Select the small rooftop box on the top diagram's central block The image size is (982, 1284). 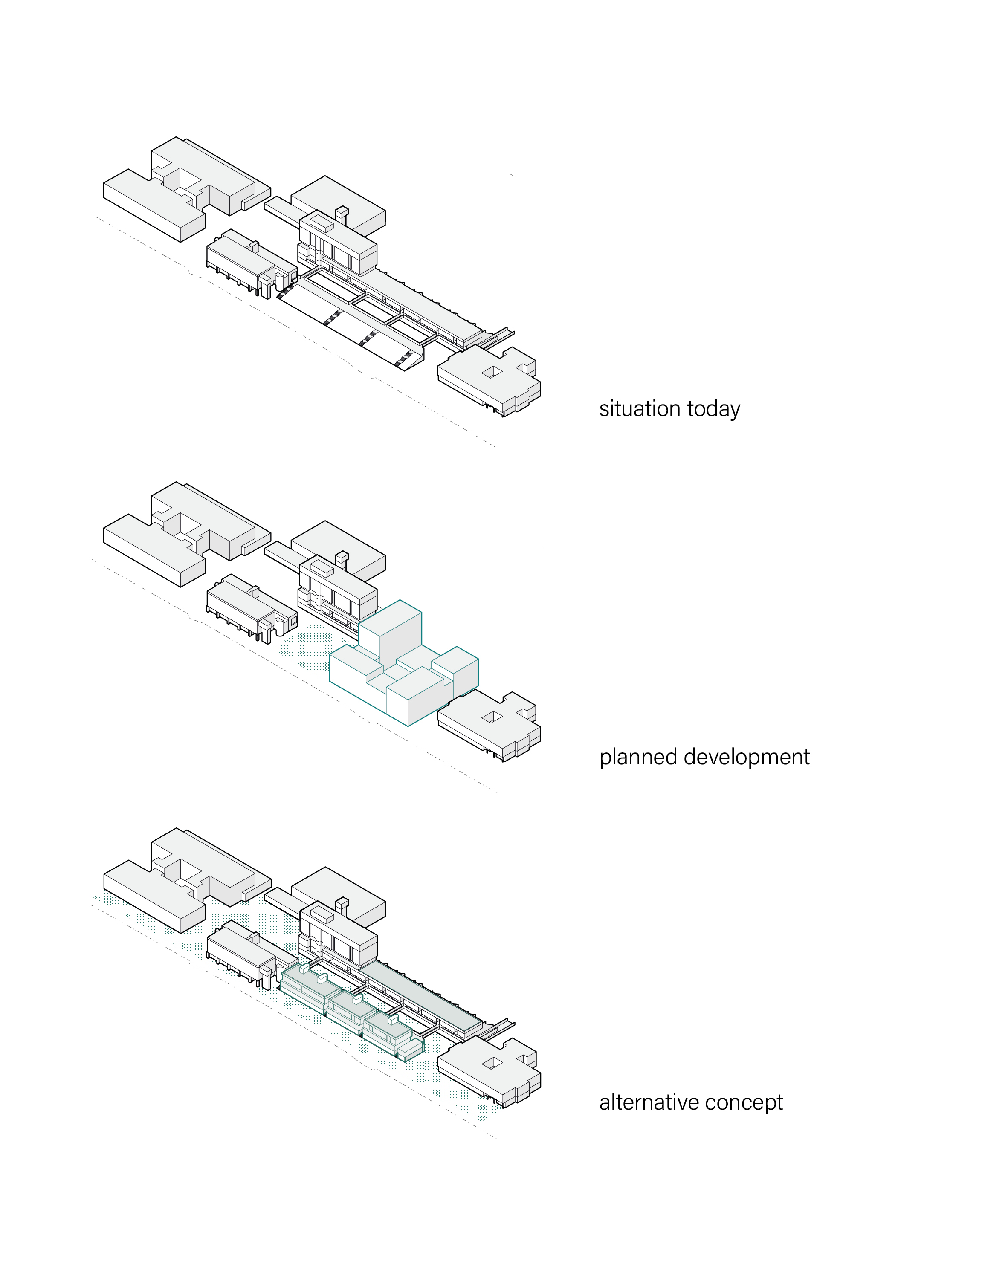[321, 224]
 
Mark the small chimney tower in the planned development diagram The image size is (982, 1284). [342, 559]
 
